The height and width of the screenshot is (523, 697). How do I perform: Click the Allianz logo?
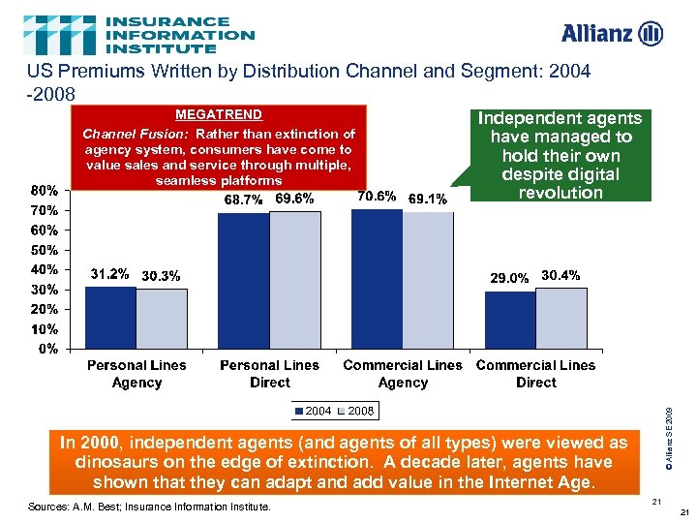click(612, 34)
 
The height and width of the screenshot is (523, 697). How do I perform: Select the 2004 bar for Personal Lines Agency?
click(111, 317)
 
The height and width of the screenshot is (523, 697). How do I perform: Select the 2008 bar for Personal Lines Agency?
click(162, 318)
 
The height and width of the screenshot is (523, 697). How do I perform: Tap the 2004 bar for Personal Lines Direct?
click(244, 280)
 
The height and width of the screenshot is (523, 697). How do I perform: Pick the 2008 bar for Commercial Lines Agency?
click(428, 280)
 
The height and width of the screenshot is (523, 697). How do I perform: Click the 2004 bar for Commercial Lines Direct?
click(510, 319)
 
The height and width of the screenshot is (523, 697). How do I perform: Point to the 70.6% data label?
click(377, 197)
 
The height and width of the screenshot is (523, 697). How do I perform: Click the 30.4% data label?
click(561, 275)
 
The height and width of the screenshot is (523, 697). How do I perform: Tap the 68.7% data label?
click(244, 199)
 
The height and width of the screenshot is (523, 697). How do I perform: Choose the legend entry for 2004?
click(315, 412)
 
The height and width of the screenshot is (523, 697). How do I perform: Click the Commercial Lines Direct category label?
click(535, 374)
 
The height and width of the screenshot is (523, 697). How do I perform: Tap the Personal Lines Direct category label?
click(269, 374)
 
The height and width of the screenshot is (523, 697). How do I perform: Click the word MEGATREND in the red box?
click(218, 114)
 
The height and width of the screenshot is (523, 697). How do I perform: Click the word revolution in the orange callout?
click(561, 192)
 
